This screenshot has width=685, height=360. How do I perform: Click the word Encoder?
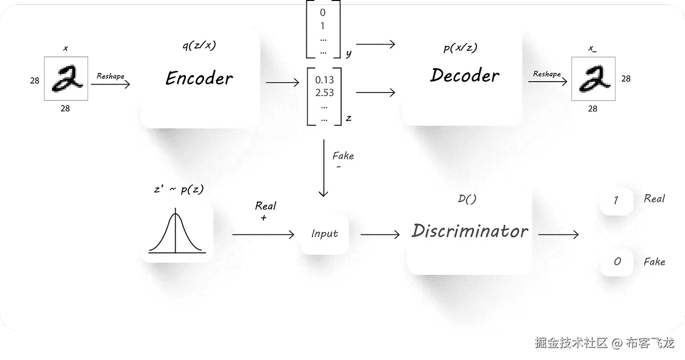tap(199, 78)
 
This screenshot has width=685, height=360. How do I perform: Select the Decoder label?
tap(465, 75)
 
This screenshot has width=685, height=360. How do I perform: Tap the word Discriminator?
tap(470, 231)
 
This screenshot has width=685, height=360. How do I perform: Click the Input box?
tap(324, 234)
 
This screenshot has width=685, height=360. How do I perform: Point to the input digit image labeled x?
tap(66, 79)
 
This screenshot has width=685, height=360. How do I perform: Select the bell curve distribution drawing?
tap(177, 233)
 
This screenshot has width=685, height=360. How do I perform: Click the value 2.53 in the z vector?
tap(324, 92)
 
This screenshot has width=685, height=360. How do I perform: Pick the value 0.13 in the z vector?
tap(324, 80)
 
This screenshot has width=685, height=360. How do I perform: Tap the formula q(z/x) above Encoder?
tap(199, 45)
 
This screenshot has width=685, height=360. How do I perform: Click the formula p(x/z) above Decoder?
tap(460, 47)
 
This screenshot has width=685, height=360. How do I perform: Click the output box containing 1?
tap(616, 200)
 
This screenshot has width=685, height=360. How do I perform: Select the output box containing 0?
tap(616, 262)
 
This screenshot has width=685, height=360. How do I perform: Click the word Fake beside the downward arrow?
tap(343, 156)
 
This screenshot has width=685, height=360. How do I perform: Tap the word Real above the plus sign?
tap(266, 206)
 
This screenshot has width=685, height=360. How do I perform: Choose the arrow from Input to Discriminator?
tap(380, 235)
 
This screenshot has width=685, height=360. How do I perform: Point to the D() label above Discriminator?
tap(467, 199)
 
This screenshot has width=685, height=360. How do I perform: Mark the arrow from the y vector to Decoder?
tap(375, 45)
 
